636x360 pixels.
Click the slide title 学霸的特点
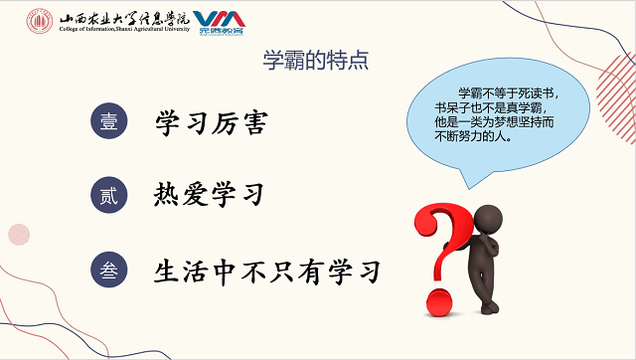tap(315, 60)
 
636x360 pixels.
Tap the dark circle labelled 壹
tap(109, 122)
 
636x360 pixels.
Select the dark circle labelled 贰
tap(109, 195)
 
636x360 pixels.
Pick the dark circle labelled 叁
tap(109, 270)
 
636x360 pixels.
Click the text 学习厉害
tap(212, 122)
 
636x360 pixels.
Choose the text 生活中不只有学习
tap(267, 270)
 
